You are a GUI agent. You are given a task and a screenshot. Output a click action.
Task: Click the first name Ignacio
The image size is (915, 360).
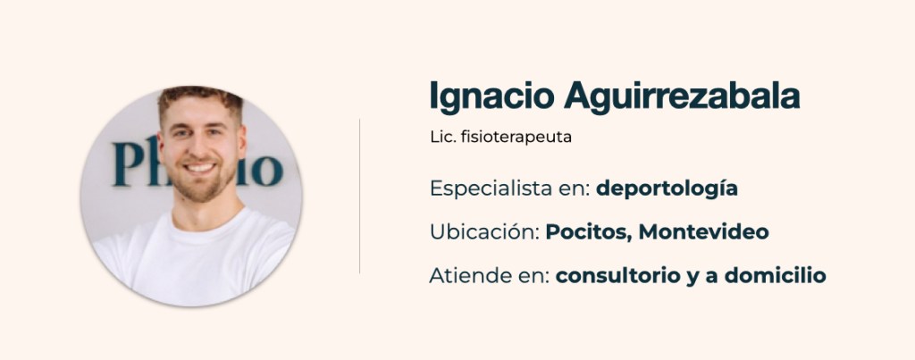pos(491,97)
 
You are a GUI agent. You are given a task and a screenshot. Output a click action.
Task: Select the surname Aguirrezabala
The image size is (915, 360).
pos(682,97)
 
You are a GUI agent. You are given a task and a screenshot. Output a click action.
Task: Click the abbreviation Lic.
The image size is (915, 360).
pos(442,137)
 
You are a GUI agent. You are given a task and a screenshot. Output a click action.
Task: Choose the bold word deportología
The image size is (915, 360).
pos(667,189)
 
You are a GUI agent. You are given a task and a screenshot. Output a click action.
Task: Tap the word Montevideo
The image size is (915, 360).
pos(704,232)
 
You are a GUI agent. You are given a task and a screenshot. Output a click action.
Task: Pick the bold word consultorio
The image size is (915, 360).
pos(618,275)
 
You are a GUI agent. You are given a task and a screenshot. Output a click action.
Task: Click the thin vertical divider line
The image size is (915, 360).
pos(359,196)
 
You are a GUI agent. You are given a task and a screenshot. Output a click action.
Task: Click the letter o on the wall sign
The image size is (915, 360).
pos(267,171)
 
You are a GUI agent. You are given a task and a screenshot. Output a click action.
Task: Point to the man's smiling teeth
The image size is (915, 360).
pos(200,168)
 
